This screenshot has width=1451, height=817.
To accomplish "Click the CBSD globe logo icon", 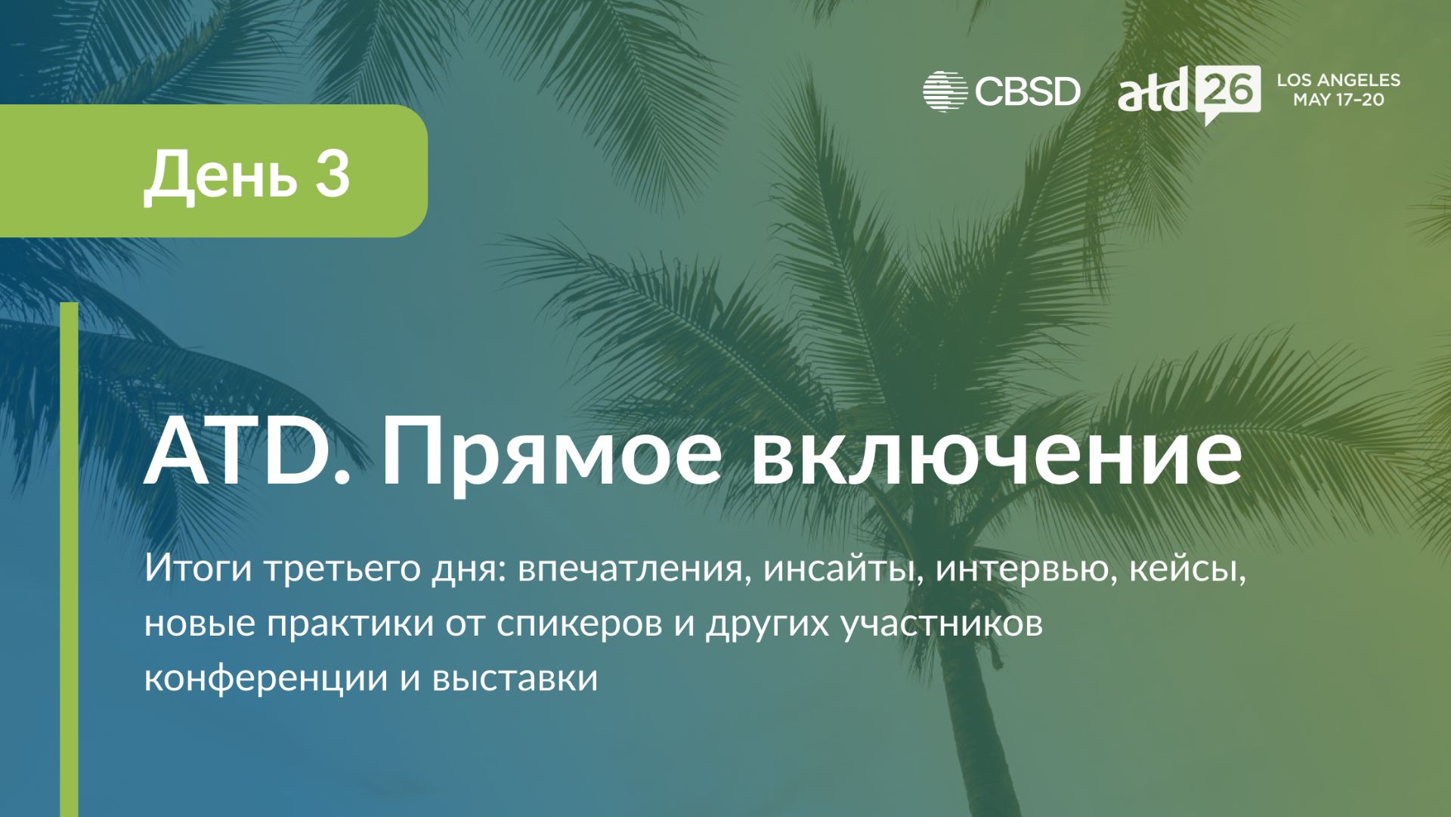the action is click(x=945, y=92).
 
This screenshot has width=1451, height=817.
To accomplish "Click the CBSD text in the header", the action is click(x=1028, y=92).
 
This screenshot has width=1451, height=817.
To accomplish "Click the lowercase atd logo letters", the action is click(x=1154, y=91).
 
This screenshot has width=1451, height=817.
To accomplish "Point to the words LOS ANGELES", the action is click(x=1338, y=80).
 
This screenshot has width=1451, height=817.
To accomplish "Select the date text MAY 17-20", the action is click(x=1338, y=100).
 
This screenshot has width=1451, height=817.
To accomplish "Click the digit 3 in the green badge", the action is click(x=333, y=173).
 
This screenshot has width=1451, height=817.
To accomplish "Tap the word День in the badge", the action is click(x=220, y=177).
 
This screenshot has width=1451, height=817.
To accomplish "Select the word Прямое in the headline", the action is click(x=552, y=457).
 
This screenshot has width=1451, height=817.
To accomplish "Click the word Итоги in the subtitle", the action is click(x=198, y=568).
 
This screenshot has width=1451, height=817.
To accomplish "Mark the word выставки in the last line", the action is click(x=515, y=677).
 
